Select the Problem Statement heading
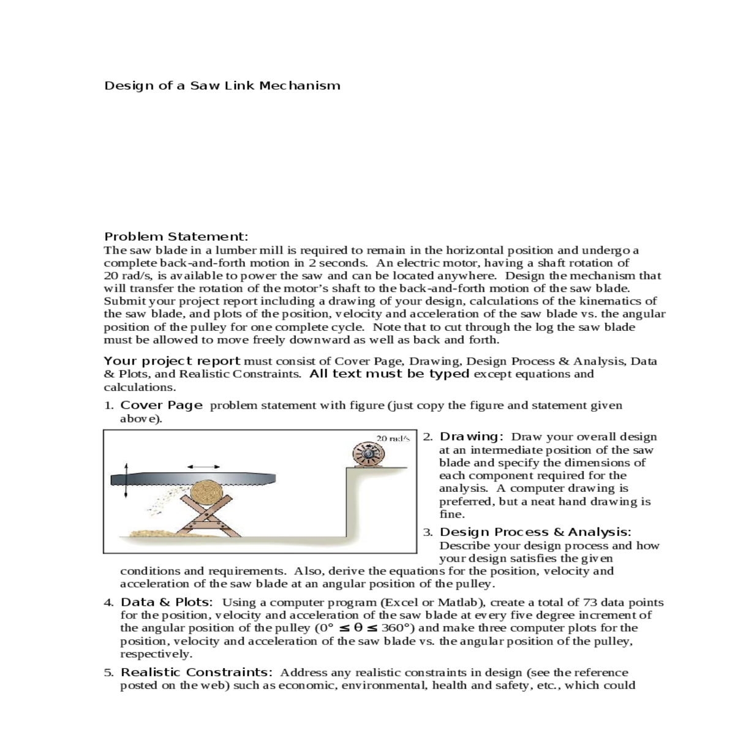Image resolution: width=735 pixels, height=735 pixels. click(176, 236)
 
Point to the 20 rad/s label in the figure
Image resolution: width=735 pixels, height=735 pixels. click(392, 439)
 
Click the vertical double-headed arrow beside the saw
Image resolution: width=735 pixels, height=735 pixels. click(126, 480)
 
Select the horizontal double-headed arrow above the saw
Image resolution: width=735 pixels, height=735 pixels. click(203, 467)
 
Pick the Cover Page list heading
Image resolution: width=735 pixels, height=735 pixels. click(161, 405)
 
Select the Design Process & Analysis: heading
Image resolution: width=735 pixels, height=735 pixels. click(535, 532)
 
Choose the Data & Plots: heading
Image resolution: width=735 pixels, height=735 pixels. click(167, 603)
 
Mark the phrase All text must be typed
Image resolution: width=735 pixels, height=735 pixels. click(390, 374)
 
